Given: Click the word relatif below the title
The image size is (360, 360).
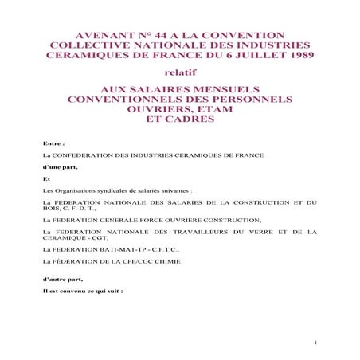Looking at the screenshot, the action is (x=179, y=73).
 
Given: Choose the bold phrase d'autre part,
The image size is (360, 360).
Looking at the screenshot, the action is (x=62, y=280).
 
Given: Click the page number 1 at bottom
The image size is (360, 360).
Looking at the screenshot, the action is (x=316, y=343).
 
